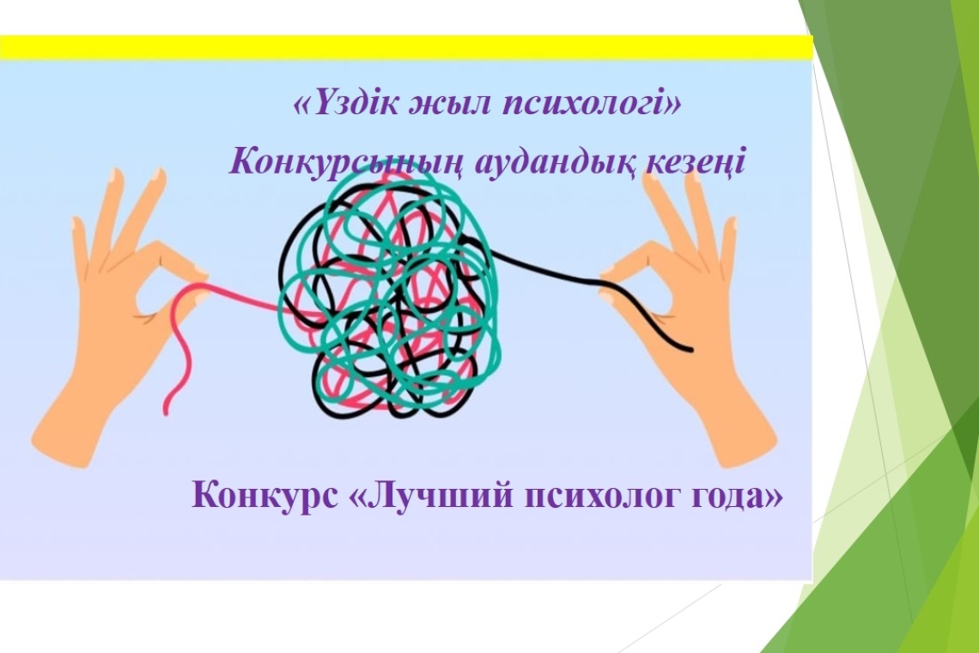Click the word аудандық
(549, 161)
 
